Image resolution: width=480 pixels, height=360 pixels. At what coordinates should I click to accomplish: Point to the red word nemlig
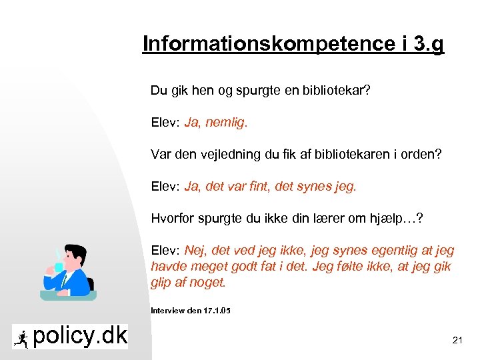[x=227, y=123]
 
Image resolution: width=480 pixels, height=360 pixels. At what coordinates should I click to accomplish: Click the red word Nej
[x=195, y=251]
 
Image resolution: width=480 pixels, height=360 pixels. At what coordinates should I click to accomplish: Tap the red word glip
[x=162, y=283]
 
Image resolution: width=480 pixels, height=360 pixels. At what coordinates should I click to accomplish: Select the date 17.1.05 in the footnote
[x=217, y=310]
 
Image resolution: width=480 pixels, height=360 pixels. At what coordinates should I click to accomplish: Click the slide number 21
[x=457, y=340]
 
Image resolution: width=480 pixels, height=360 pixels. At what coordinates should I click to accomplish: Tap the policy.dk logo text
[x=79, y=337]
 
